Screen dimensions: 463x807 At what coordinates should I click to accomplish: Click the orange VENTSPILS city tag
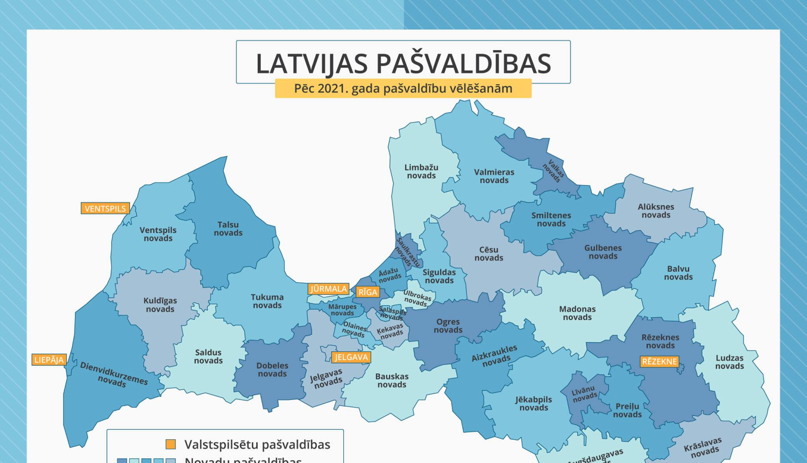point(105,208)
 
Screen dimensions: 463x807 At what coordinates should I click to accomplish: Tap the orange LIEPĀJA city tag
point(49,360)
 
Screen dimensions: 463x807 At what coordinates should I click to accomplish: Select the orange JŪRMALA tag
point(328,289)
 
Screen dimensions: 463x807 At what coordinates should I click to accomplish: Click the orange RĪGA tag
point(368,292)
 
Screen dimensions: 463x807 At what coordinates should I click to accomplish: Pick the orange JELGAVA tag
point(351,357)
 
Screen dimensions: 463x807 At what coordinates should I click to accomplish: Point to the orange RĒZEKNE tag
point(659,362)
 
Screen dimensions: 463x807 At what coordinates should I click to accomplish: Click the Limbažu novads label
point(421,171)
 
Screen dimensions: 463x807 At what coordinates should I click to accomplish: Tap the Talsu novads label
point(228,229)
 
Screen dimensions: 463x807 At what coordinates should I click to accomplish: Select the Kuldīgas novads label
point(160,305)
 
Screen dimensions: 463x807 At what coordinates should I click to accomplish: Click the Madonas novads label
point(577,313)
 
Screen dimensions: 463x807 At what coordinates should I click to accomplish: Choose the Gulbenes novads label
point(603,252)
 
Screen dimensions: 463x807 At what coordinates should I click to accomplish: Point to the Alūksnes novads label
point(655,211)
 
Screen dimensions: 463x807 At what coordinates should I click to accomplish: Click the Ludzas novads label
point(729,362)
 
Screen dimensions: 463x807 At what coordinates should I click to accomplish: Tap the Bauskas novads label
point(392,381)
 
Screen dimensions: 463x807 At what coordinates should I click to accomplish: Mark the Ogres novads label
point(448,326)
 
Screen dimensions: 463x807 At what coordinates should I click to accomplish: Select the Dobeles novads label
point(272,369)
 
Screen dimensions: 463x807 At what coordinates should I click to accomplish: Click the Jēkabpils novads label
point(533,403)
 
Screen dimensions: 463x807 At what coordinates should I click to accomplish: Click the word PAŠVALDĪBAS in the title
point(463,64)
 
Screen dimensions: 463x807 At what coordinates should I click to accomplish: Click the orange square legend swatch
point(171,444)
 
